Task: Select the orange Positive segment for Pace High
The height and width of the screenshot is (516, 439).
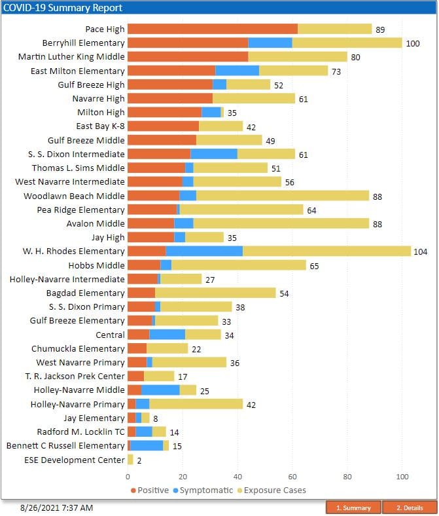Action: pyautogui.click(x=212, y=29)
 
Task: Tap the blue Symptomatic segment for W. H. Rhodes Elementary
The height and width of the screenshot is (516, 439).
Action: pyautogui.click(x=204, y=251)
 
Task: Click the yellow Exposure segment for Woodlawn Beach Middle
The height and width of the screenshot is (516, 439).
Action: pyautogui.click(x=283, y=196)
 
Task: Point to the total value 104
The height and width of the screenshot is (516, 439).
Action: pyautogui.click(x=421, y=251)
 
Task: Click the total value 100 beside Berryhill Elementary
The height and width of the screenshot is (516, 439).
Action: pyautogui.click(x=413, y=43)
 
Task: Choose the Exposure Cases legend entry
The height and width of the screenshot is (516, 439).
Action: pyautogui.click(x=274, y=490)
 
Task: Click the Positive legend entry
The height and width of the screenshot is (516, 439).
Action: pyautogui.click(x=153, y=490)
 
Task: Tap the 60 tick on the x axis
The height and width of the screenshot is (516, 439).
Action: pyautogui.click(x=292, y=477)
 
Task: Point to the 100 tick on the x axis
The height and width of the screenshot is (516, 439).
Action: pyautogui.click(x=402, y=477)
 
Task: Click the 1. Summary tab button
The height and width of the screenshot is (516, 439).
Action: pyautogui.click(x=353, y=507)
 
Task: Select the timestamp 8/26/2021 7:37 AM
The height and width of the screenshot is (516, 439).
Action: pyautogui.click(x=56, y=507)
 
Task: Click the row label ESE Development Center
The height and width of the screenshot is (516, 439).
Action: pyautogui.click(x=74, y=460)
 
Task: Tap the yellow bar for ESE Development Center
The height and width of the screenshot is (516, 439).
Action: pyautogui.click(x=130, y=460)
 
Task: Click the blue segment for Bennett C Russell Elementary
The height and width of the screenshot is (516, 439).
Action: pyautogui.click(x=147, y=446)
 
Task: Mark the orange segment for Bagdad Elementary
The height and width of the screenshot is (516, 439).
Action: pyautogui.click(x=141, y=293)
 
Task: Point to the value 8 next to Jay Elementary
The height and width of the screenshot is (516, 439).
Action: pyautogui.click(x=155, y=418)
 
